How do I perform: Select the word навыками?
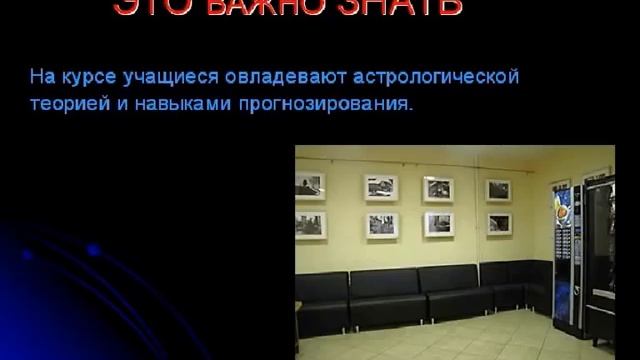[x=170, y=103]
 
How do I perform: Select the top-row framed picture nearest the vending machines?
[x=498, y=190]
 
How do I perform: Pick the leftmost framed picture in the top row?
[x=311, y=186]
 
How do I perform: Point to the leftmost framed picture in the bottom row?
[x=311, y=224]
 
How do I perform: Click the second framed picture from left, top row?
[x=380, y=187]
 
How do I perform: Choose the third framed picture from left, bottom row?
[x=438, y=224]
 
